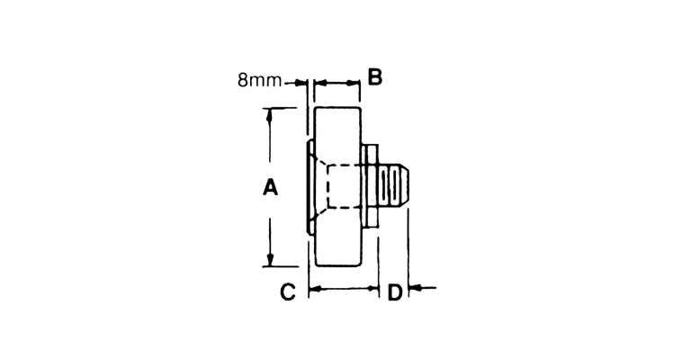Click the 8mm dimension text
259,81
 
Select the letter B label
374,77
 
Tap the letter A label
270,187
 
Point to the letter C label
288,292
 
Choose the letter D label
395,292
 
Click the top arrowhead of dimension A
270,114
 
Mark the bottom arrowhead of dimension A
270,260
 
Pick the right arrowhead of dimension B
354,82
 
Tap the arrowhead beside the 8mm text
301,82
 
